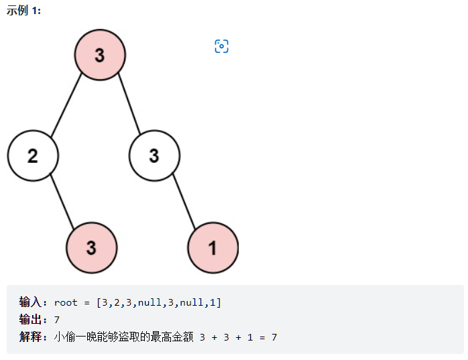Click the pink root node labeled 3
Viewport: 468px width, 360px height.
100,54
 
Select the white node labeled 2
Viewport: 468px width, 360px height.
33,156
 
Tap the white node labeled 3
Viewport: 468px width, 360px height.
154,156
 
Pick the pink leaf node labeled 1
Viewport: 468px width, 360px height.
213,247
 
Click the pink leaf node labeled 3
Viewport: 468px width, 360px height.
92,247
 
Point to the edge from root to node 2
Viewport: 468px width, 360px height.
66,105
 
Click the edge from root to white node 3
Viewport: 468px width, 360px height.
129,104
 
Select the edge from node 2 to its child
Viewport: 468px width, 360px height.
62,202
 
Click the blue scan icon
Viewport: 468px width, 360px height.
221,46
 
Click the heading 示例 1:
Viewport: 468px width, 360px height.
23,11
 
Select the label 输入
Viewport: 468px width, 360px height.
30,302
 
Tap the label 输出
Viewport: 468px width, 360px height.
30,319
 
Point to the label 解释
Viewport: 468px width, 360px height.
30,337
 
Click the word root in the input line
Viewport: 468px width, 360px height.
66,303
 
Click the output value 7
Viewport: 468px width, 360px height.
57,320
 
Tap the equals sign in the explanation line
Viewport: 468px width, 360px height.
262,338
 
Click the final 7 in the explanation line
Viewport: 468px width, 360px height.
274,337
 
